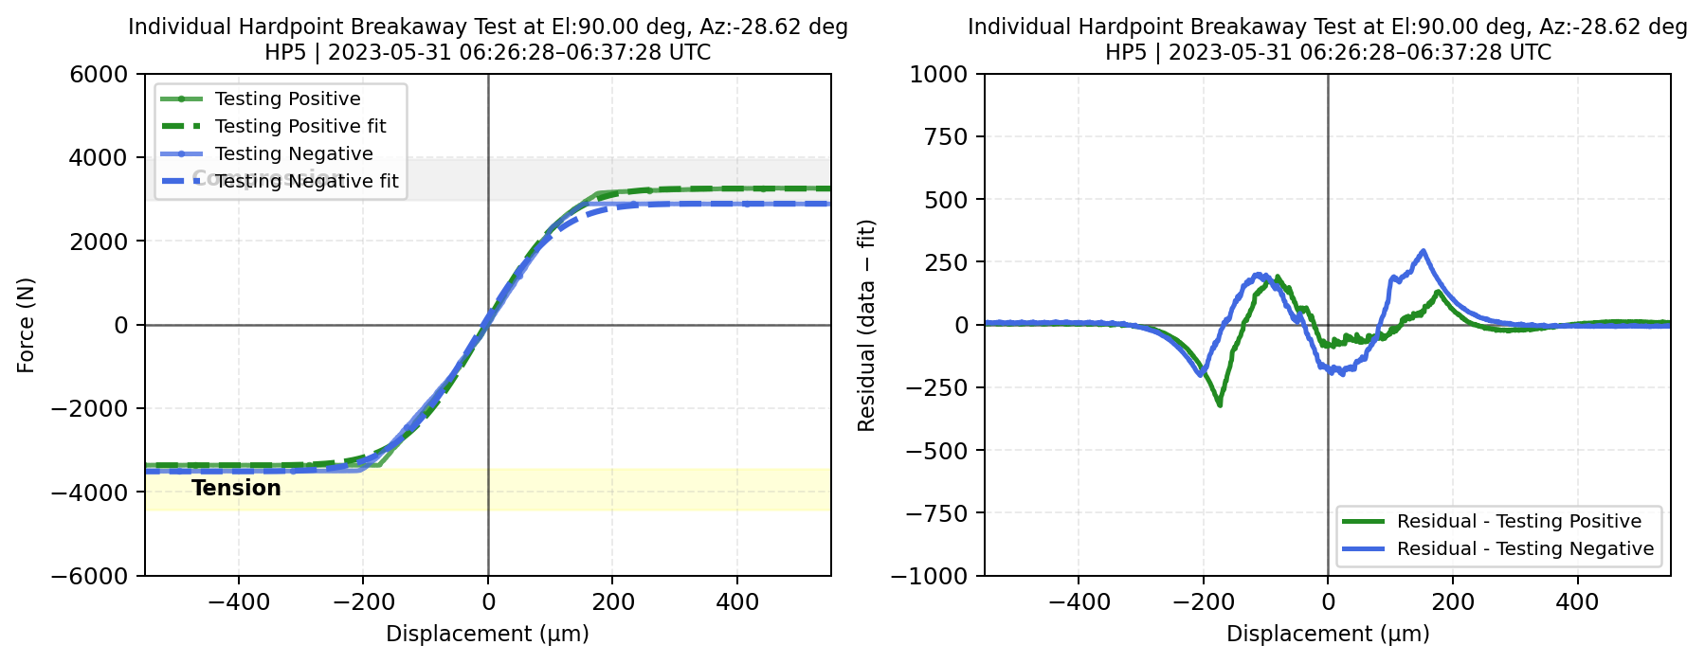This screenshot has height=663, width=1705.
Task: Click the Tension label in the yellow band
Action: coord(236,488)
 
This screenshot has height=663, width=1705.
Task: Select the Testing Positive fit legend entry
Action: coord(300,126)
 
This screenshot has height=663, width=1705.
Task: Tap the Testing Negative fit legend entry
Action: coord(306,181)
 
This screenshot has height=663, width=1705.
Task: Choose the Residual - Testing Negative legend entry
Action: coord(1525,548)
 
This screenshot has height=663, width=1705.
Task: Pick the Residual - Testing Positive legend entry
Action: coord(1518,521)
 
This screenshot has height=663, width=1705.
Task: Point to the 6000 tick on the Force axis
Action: coord(99,74)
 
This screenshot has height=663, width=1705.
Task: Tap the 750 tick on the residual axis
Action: coord(948,137)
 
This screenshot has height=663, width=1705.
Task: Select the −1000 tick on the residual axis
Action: coord(937,576)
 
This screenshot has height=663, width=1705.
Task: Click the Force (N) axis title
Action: coord(26,325)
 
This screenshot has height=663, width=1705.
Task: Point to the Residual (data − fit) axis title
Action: coord(866,325)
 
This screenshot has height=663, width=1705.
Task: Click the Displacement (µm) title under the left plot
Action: coord(487,634)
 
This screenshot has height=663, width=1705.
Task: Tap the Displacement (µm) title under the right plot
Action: coord(1328,634)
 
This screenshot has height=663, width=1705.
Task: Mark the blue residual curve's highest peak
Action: coord(1423,251)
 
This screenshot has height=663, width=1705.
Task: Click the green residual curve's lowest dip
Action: coord(1220,405)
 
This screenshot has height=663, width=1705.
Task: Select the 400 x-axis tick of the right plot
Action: coord(1577,601)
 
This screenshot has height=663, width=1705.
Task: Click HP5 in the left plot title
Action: coord(285,52)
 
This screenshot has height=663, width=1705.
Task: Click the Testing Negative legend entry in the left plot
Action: coord(294,153)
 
